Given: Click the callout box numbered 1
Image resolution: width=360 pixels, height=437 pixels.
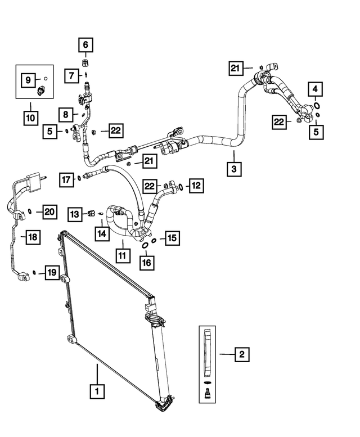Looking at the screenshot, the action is pos(97,391).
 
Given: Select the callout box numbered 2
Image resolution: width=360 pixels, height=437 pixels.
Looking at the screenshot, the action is pos(241,354).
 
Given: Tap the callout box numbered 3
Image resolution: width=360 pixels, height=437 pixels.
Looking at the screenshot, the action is pos(234,169).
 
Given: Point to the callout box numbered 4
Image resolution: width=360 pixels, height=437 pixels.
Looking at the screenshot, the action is pos(315,89).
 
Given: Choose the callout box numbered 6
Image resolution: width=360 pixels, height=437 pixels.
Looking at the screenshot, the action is pos(85,44).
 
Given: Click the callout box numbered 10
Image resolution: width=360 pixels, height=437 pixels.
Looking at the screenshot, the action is pos(30,118).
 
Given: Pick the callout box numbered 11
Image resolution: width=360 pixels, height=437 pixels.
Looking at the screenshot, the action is pos(123,255).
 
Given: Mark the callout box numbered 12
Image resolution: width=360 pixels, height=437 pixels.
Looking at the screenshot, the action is pos(196,186).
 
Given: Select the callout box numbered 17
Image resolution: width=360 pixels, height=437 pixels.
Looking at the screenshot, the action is pos(66,179).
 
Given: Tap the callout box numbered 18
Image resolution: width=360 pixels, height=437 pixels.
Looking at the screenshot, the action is pos(33,237).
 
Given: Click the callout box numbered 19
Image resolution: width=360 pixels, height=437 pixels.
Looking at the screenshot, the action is pos(52,272).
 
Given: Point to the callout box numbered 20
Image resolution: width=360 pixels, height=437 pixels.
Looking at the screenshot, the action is pos(49,212).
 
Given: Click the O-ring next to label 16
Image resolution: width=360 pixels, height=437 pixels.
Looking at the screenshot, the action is pos(145,246).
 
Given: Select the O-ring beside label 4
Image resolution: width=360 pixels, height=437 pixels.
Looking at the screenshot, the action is pos(317,106).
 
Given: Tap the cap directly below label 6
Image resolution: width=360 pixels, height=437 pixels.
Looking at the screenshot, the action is pos(85,62).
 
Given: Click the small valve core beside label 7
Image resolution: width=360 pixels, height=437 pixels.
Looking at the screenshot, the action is pos(87,75).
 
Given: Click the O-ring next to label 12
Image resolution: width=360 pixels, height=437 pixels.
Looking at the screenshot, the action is pos(181,187).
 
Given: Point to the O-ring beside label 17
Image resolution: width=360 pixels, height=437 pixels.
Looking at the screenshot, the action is pos(79,178).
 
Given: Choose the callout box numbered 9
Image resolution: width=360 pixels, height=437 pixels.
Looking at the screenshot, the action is pos(28,80).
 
